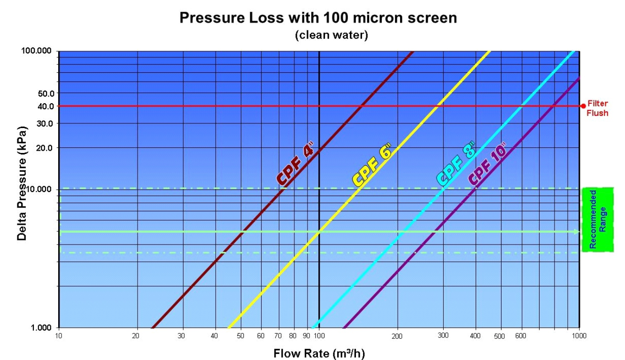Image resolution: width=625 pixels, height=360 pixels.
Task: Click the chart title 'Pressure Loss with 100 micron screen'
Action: (318, 18)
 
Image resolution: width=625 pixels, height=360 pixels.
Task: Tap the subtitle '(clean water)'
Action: (332, 35)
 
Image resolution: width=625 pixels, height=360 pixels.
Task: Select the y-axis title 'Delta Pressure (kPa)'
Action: (22, 184)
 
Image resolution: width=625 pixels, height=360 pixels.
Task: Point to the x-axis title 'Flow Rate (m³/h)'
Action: (319, 353)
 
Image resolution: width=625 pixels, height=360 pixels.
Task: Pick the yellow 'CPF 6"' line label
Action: (372, 165)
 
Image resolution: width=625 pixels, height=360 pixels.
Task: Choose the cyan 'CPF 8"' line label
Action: (456, 164)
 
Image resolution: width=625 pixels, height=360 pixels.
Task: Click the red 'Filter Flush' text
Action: (597, 108)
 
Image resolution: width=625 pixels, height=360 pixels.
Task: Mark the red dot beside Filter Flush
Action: (583, 106)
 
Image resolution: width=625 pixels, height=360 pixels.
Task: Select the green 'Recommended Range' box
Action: (598, 220)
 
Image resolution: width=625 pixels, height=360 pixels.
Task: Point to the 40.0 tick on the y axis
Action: (46, 106)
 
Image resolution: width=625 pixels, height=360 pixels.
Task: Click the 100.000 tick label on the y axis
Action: (37, 51)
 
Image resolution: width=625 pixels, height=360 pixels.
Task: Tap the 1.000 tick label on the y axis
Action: (41, 327)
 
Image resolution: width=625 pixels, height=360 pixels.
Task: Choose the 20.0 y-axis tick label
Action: (45, 148)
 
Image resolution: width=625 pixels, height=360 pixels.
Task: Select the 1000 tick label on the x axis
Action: (579, 336)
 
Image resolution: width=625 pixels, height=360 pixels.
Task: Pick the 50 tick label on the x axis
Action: (240, 336)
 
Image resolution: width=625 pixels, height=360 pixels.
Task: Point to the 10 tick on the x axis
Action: (59, 336)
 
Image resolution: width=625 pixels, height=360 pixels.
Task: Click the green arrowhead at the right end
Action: (577, 232)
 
